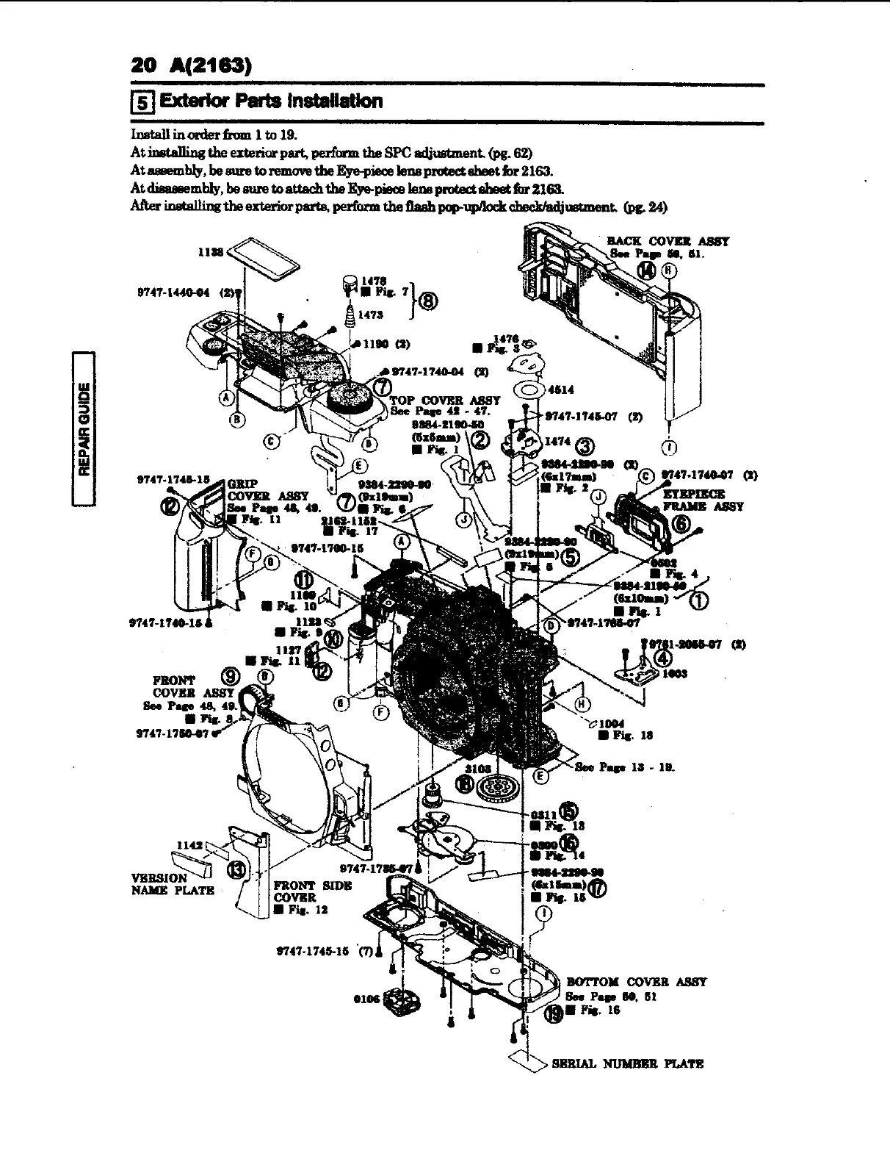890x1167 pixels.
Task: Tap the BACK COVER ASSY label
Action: pyautogui.click(x=667, y=241)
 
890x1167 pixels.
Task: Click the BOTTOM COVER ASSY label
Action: pyautogui.click(x=636, y=982)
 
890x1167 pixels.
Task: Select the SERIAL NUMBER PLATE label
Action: pyautogui.click(x=628, y=1063)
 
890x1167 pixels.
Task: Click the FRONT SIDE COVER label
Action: pyautogui.click(x=312, y=891)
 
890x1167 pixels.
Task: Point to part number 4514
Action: pyautogui.click(x=562, y=390)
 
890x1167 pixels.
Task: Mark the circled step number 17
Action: pyautogui.click(x=598, y=889)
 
